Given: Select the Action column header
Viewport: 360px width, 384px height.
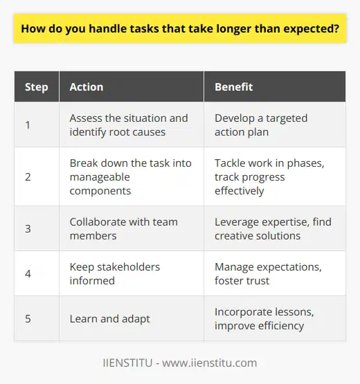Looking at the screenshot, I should click(87, 87).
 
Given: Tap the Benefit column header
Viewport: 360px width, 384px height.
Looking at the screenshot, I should click(233, 87).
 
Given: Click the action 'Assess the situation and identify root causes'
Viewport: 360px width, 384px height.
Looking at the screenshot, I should click(128, 125).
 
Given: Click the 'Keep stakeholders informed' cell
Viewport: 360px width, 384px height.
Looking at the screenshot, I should click(115, 275).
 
